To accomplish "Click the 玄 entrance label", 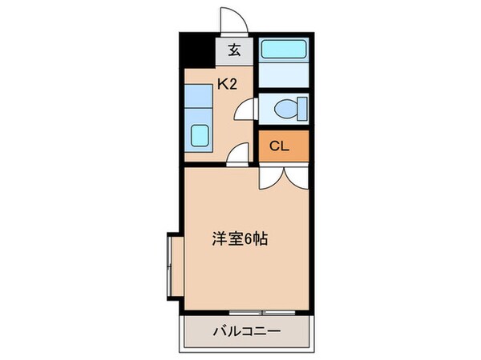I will pos(234,51).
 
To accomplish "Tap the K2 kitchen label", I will pos(225,82).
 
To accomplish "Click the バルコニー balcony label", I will pos(246,330).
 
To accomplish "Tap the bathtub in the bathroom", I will pos(284,50).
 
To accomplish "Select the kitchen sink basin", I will pos(200,137).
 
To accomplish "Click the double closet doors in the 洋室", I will pos(283,176).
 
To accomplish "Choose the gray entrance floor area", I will pos(234,51).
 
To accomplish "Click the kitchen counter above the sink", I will pos(198,102).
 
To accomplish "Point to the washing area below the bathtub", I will pos(284,79).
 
